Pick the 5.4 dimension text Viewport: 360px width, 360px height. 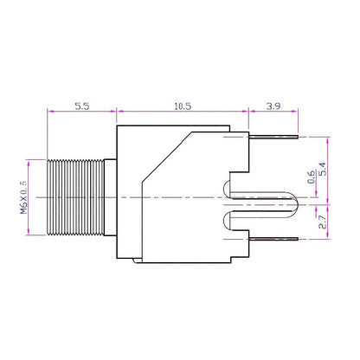tap(324, 169)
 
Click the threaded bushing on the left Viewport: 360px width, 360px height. tap(73, 198)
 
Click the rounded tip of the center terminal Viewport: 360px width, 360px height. tap(292, 198)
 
